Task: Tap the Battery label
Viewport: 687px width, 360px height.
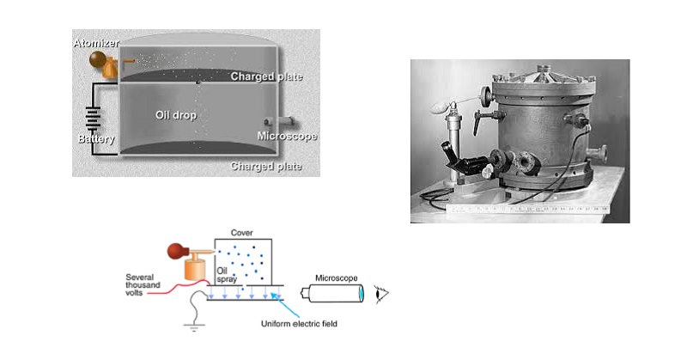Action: (x=96, y=138)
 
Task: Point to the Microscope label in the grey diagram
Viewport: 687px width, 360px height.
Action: (x=287, y=136)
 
